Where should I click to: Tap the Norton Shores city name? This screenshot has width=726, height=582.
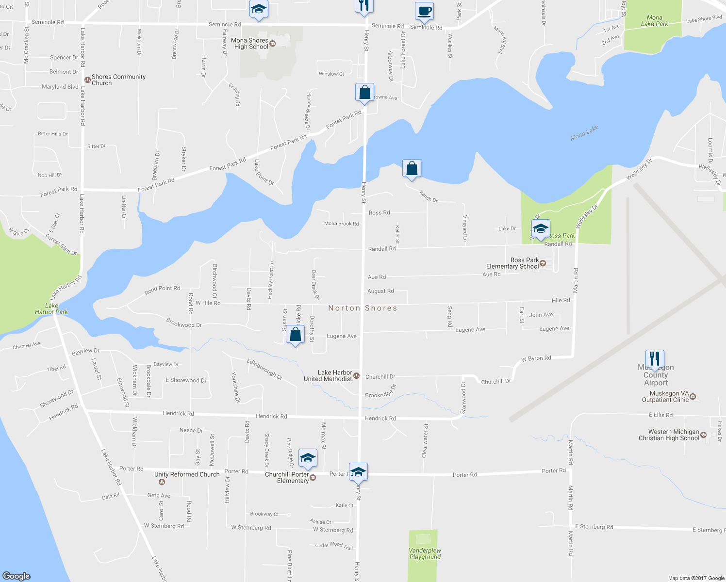(x=363, y=308)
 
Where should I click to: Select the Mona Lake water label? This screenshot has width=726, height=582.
(x=584, y=133)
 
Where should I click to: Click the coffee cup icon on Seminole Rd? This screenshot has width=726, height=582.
(x=424, y=11)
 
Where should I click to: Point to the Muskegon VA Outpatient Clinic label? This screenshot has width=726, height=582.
(x=665, y=397)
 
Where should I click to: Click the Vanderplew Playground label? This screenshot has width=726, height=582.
(x=425, y=554)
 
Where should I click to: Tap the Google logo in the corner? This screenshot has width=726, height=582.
(x=16, y=576)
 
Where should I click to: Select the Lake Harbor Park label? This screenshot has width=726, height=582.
(x=51, y=309)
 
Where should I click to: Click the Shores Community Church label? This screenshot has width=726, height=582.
(x=118, y=80)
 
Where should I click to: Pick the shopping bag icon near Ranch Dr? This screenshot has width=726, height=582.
(x=412, y=169)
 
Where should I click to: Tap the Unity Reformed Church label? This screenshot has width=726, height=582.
(x=187, y=474)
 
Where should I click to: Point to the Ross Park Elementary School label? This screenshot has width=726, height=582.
(x=512, y=263)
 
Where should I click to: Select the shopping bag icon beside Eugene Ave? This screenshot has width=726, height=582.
(x=295, y=335)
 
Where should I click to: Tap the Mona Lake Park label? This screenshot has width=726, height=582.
(x=654, y=21)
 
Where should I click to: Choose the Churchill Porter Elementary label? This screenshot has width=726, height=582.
(x=287, y=478)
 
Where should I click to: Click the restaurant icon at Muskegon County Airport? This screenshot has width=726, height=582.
(x=655, y=359)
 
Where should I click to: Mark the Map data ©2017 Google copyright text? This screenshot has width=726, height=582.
(x=696, y=578)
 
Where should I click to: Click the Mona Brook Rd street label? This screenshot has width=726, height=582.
(x=342, y=224)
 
